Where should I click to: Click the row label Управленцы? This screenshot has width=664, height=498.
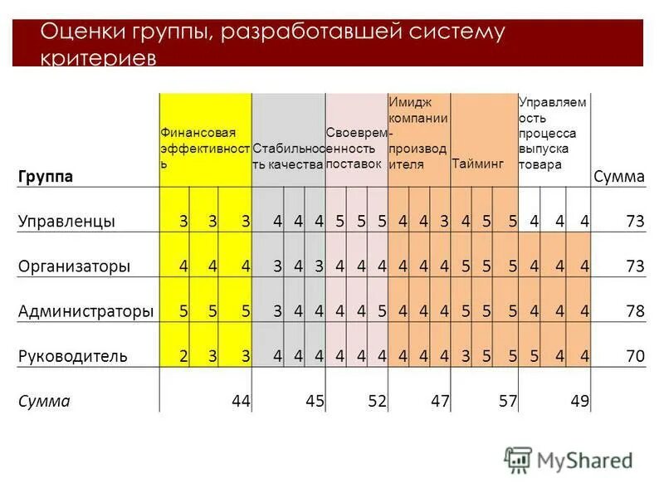coord(66,221)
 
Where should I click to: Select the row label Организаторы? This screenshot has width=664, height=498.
coord(74,266)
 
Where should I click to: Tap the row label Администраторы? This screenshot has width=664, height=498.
coord(85,311)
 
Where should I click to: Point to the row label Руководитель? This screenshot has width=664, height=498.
coord(72,357)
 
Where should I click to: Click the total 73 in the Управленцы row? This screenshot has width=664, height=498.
coord(636,221)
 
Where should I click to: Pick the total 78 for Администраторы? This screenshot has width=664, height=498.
coord(636,311)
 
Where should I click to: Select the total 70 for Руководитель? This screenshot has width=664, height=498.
coord(636,357)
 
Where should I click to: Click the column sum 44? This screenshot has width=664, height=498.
coord(241,402)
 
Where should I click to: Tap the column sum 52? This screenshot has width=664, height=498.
coord(378,402)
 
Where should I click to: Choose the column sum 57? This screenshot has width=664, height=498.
coord(507,402)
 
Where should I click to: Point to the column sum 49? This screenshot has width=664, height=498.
coord(579,402)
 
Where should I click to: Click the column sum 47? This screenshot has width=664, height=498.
coord(440,402)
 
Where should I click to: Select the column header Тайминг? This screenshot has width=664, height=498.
coord(478,164)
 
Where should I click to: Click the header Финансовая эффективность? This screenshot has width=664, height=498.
coord(205,149)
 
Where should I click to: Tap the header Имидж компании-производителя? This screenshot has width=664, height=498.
coord(418,134)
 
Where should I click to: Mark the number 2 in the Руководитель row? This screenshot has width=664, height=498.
coord(183,357)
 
